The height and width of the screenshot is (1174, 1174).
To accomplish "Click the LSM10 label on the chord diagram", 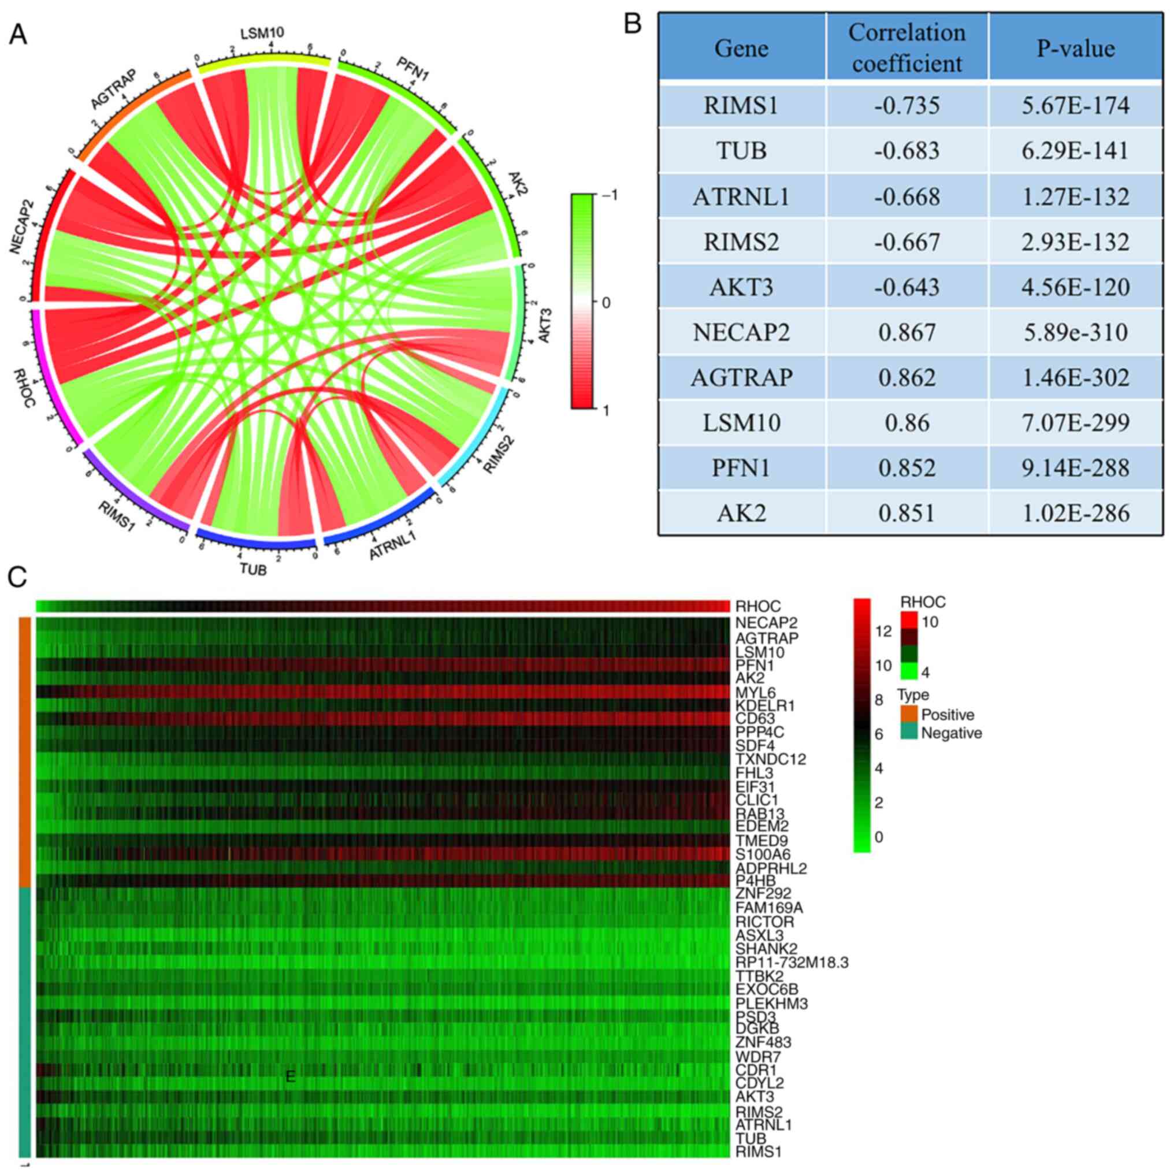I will (262, 33).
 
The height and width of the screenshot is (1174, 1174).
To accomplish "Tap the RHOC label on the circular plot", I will (23, 388).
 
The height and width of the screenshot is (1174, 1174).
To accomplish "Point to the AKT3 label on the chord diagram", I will (544, 325).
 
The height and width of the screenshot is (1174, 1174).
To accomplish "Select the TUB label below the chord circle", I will (253, 569).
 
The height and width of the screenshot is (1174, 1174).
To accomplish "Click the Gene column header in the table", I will (741, 48).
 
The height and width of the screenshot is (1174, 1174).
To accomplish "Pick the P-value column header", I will (1076, 48).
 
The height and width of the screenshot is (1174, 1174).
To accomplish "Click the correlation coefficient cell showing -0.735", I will (906, 106).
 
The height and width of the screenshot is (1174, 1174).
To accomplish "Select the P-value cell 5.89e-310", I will (1076, 332).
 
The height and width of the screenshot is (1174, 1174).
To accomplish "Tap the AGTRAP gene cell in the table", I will (741, 377).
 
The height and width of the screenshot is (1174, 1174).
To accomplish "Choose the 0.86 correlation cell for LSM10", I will (906, 423).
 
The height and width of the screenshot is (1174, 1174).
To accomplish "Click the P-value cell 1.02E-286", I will (1076, 514).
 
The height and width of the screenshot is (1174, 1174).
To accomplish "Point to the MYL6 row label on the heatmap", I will (755, 692).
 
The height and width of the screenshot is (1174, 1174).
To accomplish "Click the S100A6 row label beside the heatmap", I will (763, 855).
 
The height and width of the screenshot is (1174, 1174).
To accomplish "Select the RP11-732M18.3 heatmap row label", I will (791, 963).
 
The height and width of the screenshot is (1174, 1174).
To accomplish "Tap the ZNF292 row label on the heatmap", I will (763, 894).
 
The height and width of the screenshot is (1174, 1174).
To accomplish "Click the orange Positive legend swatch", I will (908, 714).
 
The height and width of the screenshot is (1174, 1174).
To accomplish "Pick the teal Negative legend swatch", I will (908, 733).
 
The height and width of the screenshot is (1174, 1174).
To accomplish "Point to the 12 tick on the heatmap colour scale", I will (883, 631).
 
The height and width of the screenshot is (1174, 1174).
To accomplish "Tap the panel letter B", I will (633, 25).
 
